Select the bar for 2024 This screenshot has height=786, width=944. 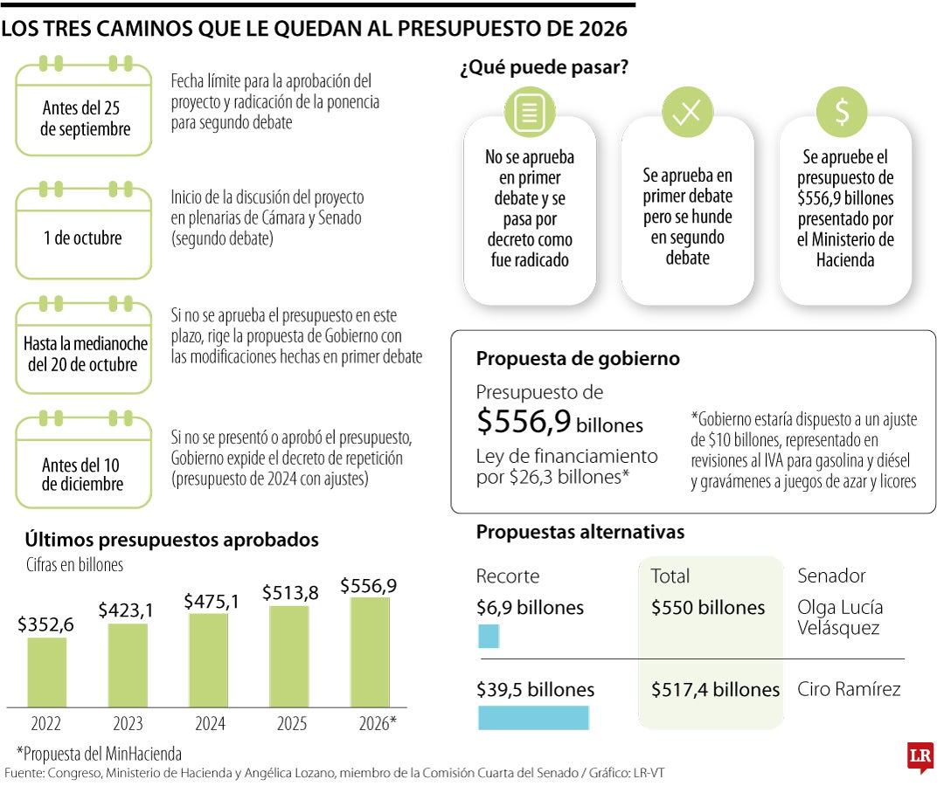coord(208,659)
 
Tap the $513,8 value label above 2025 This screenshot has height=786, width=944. coord(290,592)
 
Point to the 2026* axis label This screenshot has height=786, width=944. coord(377,723)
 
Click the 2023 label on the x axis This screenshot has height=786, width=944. coord(128,723)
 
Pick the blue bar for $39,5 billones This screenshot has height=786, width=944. coord(533,717)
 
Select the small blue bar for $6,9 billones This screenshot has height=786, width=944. coord(489,636)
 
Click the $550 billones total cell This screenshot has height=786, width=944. coord(707,608)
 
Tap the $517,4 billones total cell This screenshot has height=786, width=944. coord(715,689)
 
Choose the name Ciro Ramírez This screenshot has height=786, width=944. coord(849,689)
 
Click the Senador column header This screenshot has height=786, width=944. coord(831,576)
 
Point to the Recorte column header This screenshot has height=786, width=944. coord(508,576)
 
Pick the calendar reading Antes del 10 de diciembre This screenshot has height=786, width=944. coord(83,465)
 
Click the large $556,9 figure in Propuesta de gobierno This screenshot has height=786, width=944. coord(524,422)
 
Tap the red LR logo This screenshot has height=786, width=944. coord(920,756)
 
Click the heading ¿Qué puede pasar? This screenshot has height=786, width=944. coord(544,67)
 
